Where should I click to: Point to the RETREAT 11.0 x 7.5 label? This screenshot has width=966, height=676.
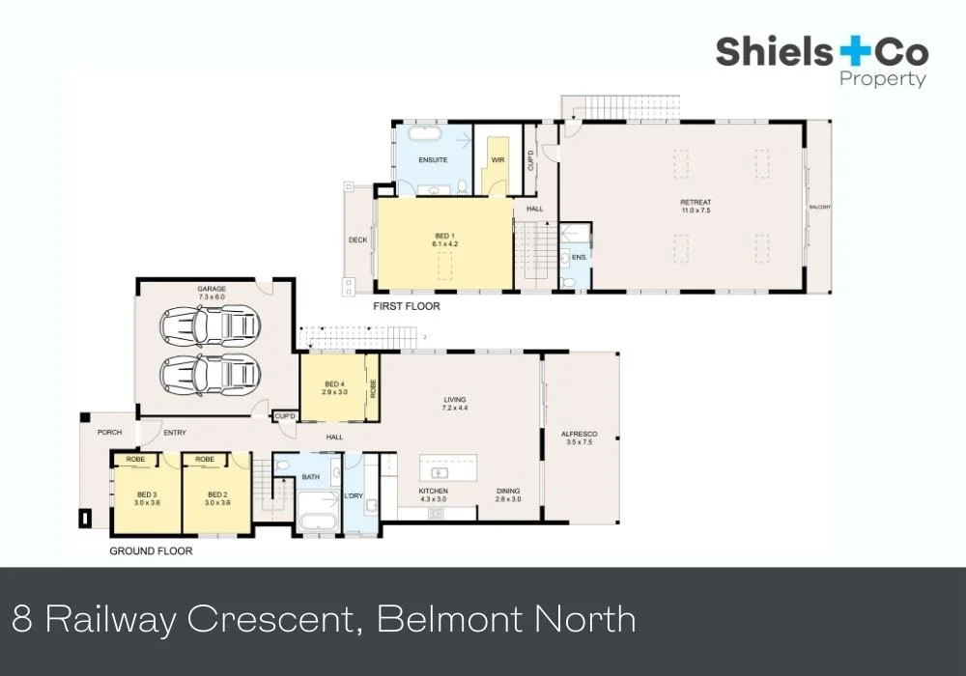696,207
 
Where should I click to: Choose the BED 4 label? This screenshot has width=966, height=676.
333,388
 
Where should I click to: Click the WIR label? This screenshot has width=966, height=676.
498,159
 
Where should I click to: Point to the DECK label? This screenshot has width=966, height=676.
357,240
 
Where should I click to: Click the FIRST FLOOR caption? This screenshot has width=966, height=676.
407,306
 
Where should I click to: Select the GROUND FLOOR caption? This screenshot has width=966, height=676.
151,551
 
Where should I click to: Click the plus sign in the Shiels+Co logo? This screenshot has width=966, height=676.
854,52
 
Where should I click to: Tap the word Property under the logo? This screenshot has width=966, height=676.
883,80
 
